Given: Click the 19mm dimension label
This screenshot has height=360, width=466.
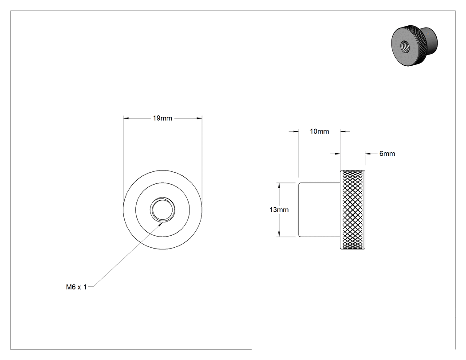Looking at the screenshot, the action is [162, 119].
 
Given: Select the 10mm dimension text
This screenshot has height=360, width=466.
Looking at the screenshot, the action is [320, 131].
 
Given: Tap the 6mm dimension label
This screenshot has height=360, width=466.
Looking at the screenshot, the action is [387, 154].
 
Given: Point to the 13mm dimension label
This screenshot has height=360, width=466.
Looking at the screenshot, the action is [279, 210].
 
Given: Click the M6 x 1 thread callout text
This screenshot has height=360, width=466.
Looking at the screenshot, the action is [76, 287].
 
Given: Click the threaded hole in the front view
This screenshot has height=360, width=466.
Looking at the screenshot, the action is [162, 210].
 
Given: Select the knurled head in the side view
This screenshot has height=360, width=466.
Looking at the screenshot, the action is [352, 210].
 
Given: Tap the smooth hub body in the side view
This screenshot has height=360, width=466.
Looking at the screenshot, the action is [319, 210].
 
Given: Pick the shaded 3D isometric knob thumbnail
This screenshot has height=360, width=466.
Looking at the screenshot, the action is [414, 45].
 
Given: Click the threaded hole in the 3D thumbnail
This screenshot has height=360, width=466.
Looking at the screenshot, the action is [405, 46].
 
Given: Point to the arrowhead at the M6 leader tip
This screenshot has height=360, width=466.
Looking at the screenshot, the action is [161, 224].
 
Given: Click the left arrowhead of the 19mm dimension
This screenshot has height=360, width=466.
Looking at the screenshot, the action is [126, 119].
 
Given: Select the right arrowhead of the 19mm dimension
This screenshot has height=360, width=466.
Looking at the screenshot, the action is [199, 119].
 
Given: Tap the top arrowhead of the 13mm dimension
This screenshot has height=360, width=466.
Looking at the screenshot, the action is [279, 186].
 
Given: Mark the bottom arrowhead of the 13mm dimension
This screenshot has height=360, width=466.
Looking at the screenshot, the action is [279, 234].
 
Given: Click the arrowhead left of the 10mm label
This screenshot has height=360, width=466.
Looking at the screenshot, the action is [296, 131].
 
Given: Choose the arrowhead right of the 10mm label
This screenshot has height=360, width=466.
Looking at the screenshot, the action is [343, 131].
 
